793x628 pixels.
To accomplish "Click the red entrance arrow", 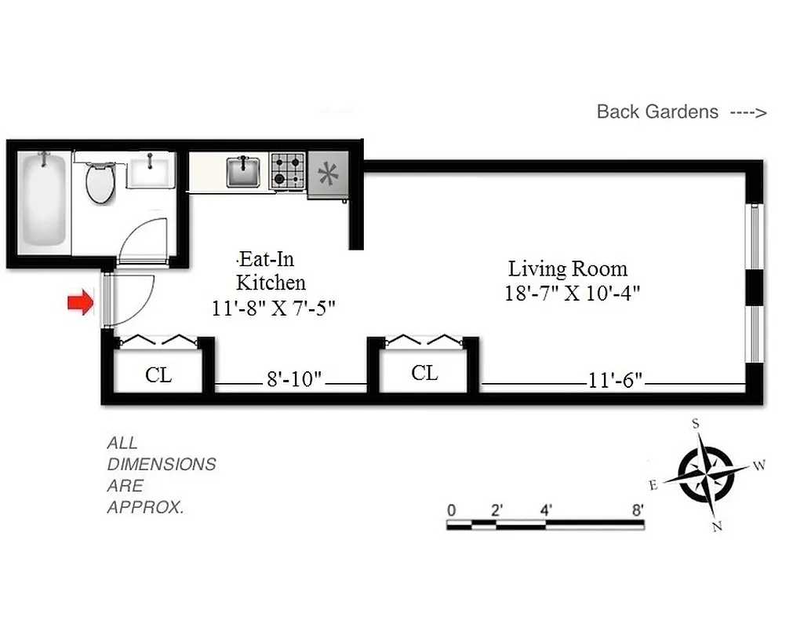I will [80, 303].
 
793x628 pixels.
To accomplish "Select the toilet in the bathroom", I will [100, 182].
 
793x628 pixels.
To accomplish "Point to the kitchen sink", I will [243, 172].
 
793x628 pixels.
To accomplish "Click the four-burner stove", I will [287, 171].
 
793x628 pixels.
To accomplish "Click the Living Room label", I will [568, 268].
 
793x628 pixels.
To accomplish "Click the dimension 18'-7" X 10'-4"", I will [573, 294].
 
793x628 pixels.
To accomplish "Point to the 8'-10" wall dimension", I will [294, 380].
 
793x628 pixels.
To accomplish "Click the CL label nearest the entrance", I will [158, 375].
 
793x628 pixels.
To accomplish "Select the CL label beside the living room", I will [424, 373].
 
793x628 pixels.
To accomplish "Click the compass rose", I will [704, 475].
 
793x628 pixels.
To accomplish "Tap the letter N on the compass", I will [716, 527].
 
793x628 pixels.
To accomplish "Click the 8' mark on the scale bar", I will [638, 509].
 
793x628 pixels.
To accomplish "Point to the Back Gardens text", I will [657, 111].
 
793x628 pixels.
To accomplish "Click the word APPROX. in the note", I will [145, 507].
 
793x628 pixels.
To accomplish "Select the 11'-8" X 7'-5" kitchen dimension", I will [274, 309].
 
